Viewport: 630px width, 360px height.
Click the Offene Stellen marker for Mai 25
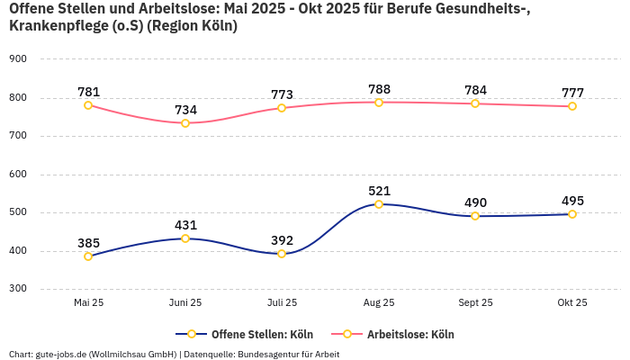[x=88, y=256]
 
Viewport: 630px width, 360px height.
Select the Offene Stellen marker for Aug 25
[x=379, y=204]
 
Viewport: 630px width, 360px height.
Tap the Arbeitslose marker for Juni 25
[x=185, y=123]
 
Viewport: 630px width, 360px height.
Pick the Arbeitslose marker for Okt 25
[x=572, y=106]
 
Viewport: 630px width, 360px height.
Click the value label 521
[x=379, y=191]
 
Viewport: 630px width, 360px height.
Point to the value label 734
[x=185, y=110]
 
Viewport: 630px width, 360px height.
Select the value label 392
[x=282, y=240]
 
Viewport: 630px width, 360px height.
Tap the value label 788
[x=379, y=89]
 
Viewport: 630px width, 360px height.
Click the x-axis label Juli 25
[x=282, y=303]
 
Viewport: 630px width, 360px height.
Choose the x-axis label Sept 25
[x=475, y=303]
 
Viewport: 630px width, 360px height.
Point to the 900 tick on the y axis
[x=18, y=59]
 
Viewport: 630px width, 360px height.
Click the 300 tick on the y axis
[x=18, y=289]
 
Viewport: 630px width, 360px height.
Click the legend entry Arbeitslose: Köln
[x=410, y=335]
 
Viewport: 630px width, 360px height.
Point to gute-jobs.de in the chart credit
[x=60, y=355]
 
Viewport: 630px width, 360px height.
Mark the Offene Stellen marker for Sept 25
[x=475, y=216]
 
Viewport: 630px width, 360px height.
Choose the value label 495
[x=572, y=201]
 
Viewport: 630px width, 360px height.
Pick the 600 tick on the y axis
[x=18, y=175]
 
